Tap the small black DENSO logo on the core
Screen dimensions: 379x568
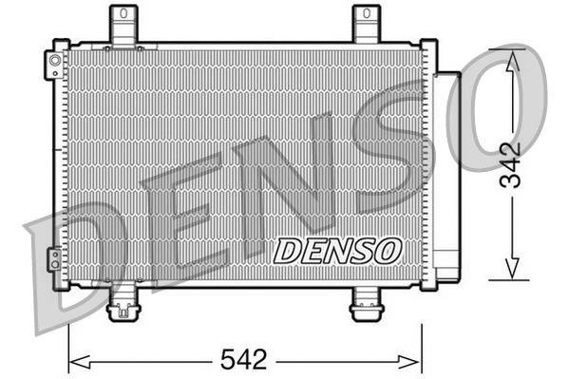337,251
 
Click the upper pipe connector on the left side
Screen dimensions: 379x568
55,65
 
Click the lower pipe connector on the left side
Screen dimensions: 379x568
55,258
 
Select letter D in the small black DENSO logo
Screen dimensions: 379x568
288,251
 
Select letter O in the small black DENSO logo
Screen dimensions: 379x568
387,251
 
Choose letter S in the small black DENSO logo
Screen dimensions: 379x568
362,251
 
